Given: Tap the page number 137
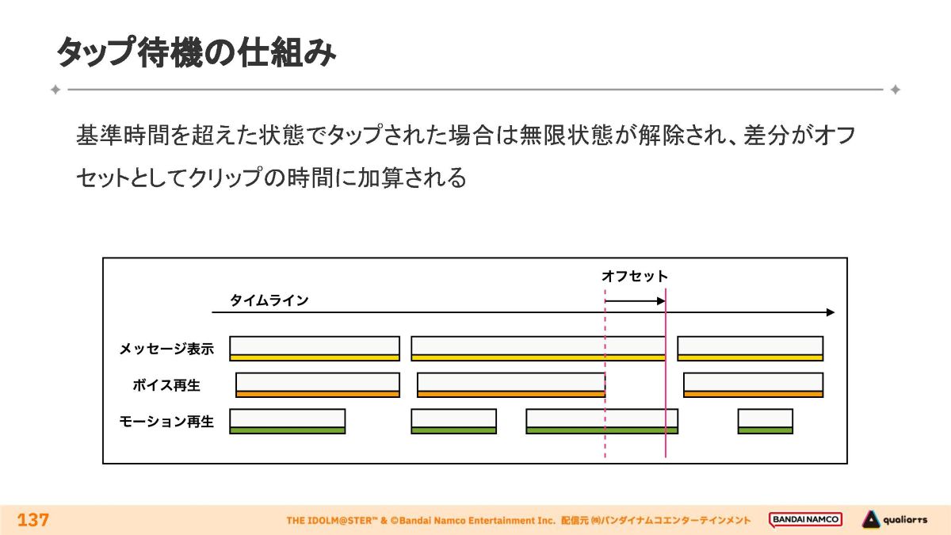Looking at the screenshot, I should coord(33,520).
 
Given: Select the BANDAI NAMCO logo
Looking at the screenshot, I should coord(805,520).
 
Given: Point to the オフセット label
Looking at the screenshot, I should coord(634,277).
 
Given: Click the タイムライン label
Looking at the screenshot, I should coord(269,300).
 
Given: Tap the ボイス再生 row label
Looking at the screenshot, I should coord(166,385).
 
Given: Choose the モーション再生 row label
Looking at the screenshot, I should coord(166,422).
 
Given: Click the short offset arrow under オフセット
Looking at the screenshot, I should coord(635,300).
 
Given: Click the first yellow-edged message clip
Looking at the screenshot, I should coord(315,348).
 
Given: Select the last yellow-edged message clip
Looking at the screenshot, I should coord(750,348).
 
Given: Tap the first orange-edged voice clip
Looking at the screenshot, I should coord(318,384).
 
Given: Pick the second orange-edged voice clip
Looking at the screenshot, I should coord(511,384).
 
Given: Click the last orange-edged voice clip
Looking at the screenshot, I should coord(753,384).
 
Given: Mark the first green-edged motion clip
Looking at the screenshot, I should coord(288,421).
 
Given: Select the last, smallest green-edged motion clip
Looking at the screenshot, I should coord(765,421).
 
